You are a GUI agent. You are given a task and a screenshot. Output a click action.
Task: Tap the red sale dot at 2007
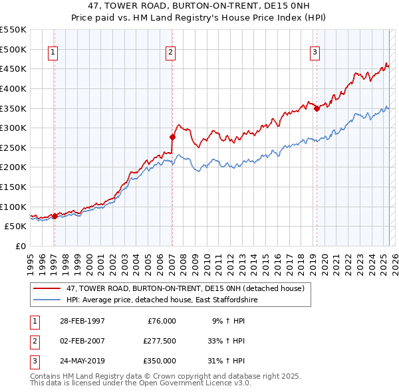pyautogui.click(x=172, y=137)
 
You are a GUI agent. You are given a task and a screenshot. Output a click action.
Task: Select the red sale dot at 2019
pyautogui.click(x=317, y=108)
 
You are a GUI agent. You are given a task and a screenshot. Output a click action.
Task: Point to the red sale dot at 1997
pyautogui.click(x=55, y=216)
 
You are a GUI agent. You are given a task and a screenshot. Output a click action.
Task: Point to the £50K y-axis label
pyautogui.click(x=15, y=226)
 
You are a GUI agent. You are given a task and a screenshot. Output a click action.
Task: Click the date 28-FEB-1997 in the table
pyautogui.click(x=82, y=321)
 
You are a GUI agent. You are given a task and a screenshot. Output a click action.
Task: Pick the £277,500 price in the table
pyautogui.click(x=160, y=341)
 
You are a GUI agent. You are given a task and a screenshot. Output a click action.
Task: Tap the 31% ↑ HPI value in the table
pyautogui.click(x=227, y=361)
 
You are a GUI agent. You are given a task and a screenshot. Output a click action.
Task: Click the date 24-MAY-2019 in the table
pyautogui.click(x=82, y=361)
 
